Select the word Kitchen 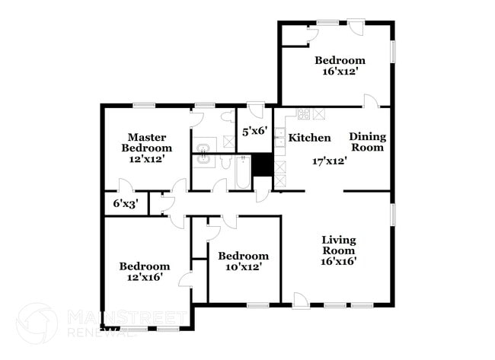[309, 138]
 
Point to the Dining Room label [367, 142]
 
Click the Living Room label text [338, 244]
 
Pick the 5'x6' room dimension [254, 131]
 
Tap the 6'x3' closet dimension [126, 203]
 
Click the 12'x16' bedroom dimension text [144, 278]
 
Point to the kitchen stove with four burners [303, 114]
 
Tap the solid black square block [263, 165]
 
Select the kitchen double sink [279, 142]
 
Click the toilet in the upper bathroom [228, 118]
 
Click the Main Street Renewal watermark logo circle [37, 323]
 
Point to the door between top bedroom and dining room [369, 101]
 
